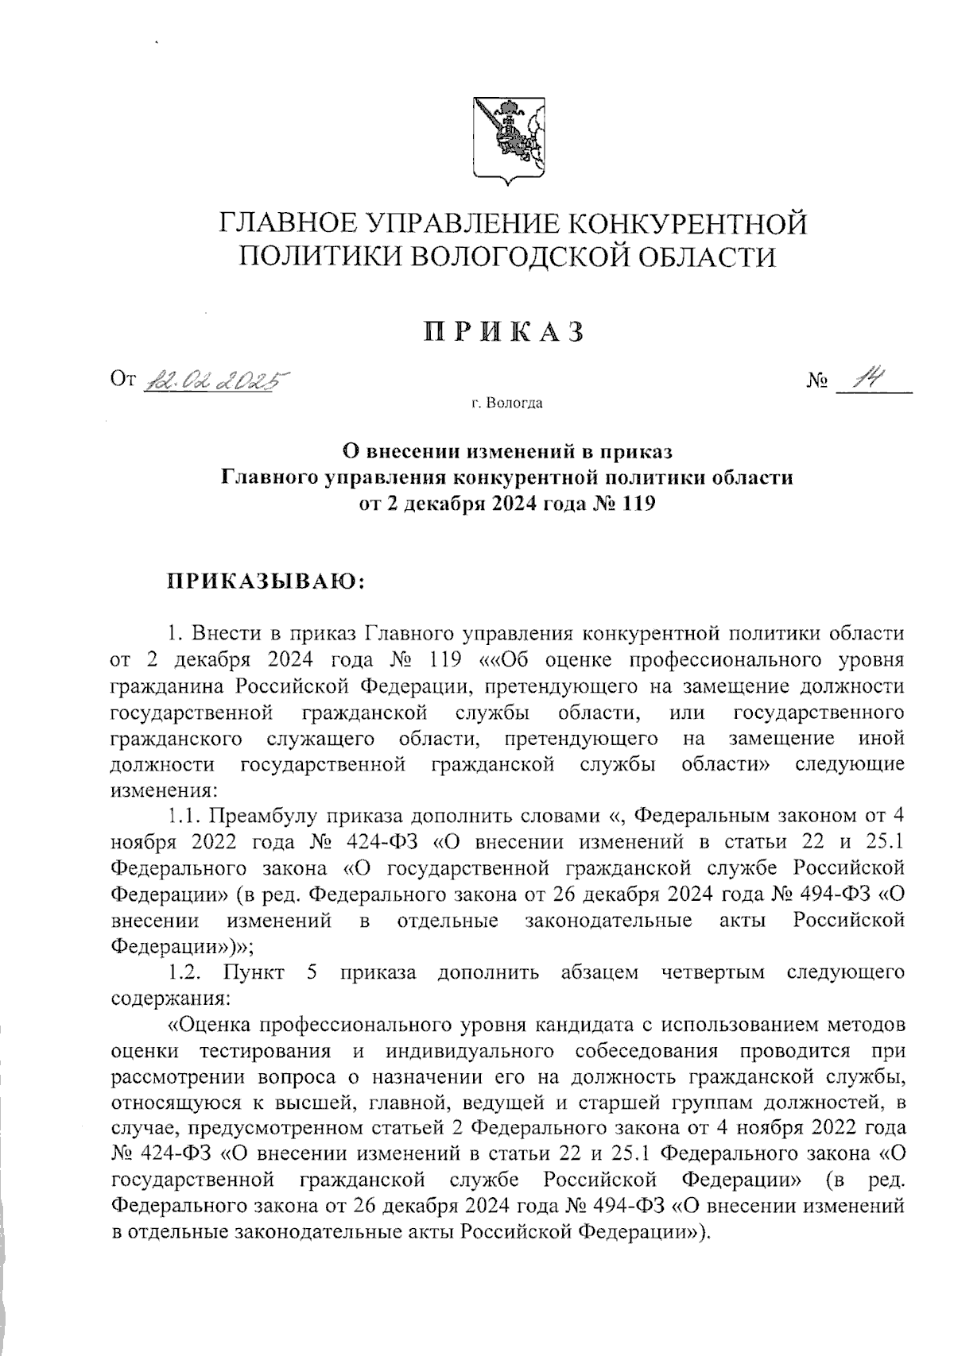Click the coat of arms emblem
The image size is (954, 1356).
[x=508, y=141]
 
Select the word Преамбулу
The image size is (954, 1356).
[x=267, y=816]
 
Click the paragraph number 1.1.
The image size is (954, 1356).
[x=187, y=816]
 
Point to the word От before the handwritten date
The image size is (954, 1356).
[x=124, y=384]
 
